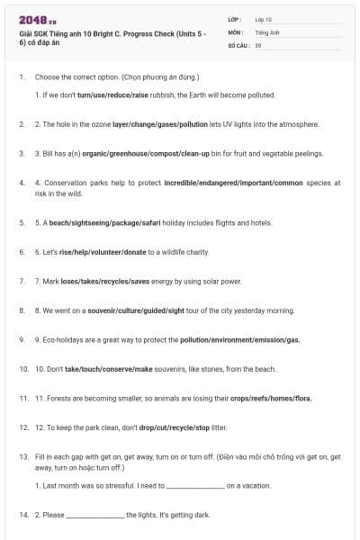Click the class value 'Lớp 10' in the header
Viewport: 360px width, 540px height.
264,19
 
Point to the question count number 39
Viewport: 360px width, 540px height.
258,45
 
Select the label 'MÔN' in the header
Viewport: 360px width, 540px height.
235,31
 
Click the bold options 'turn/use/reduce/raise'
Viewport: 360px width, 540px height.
114,94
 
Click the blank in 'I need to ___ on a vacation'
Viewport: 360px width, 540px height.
195,486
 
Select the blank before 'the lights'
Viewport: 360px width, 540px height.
95,516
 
